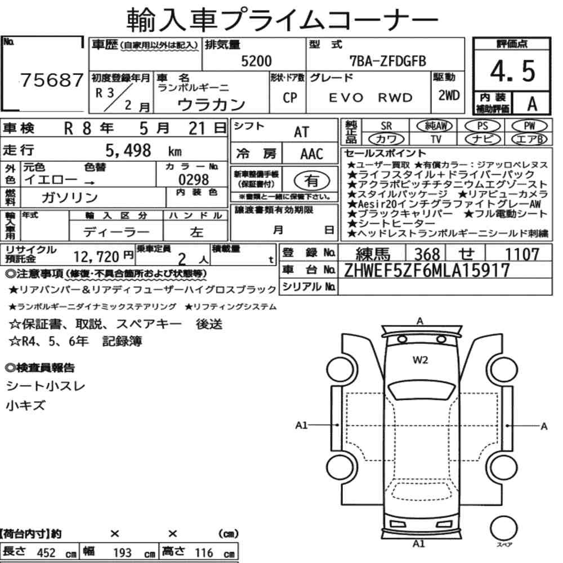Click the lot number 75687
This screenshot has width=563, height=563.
[x=52, y=80]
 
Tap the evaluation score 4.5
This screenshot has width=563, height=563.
[x=512, y=71]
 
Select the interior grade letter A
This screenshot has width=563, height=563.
[x=532, y=104]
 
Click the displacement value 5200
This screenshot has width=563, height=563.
[x=256, y=61]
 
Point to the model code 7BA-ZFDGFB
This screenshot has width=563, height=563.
[x=388, y=61]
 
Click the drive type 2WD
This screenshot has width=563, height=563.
[x=449, y=95]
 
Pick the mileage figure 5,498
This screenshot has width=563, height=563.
[x=128, y=151]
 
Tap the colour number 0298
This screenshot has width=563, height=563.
[x=194, y=180]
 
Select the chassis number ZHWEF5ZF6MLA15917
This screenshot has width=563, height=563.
[x=427, y=270]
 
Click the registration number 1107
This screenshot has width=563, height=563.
[x=522, y=254]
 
